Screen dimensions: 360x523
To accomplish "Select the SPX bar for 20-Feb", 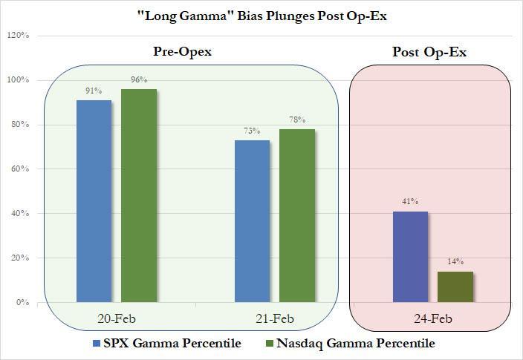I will point(94,200).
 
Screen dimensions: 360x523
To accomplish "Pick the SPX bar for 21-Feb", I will point(252,220).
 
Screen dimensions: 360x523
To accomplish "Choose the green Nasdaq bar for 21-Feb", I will point(297,215).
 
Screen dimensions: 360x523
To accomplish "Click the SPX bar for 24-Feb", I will point(410,256).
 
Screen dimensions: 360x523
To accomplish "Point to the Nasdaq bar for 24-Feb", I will point(455,287).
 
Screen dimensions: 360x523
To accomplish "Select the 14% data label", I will point(455,262).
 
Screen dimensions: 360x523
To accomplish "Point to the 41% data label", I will point(410,202).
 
